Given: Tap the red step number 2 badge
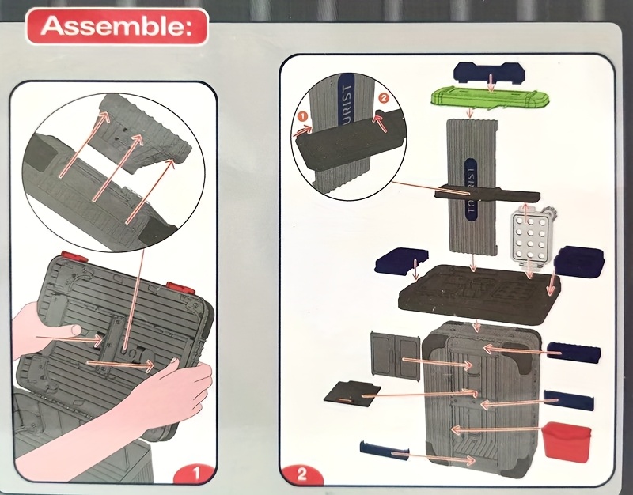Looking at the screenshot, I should click(x=302, y=477).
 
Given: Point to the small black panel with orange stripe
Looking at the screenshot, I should click(x=351, y=391).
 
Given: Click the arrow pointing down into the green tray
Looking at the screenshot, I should click(x=491, y=82).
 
